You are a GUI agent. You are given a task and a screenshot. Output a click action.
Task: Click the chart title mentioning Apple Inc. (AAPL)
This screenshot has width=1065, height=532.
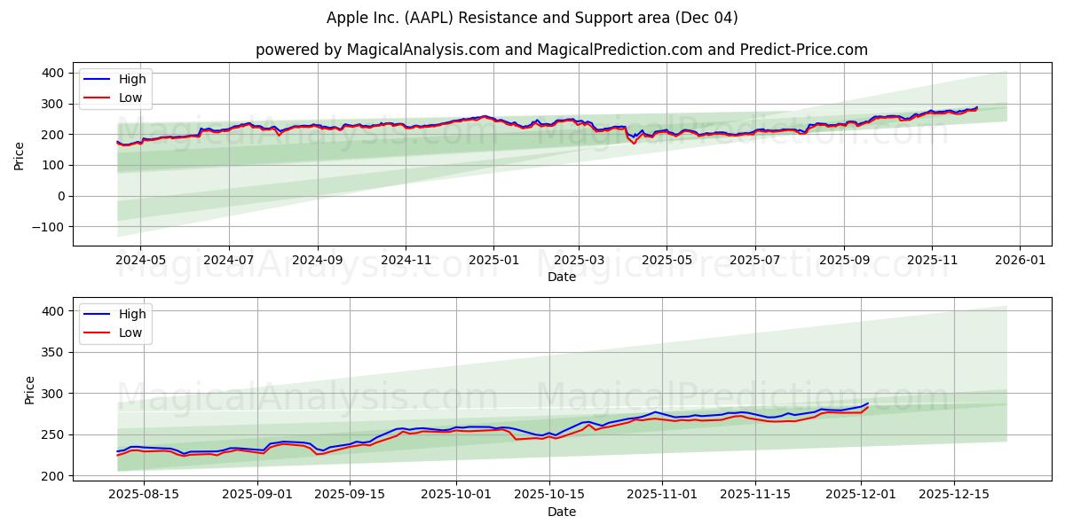coord(532,18)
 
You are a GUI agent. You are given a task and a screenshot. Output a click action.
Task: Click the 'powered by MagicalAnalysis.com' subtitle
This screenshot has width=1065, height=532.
coord(561,50)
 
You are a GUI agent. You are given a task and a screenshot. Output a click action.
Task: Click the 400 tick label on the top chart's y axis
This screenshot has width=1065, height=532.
coord(52,73)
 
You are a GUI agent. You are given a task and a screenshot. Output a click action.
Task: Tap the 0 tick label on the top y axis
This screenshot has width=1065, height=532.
coord(59,196)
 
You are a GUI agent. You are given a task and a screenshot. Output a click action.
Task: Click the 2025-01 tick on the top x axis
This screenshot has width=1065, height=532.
coord(493,262)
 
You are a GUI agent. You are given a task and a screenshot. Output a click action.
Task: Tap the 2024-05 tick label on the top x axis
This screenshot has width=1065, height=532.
coord(141,262)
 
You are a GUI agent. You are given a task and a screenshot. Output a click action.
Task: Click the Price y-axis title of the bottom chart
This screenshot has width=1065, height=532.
coord(29,390)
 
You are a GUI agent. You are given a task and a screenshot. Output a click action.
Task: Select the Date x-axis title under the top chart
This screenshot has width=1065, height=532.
coord(561,278)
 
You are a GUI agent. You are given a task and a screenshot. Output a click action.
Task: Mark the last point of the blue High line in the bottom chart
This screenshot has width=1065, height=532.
coord(868,403)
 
